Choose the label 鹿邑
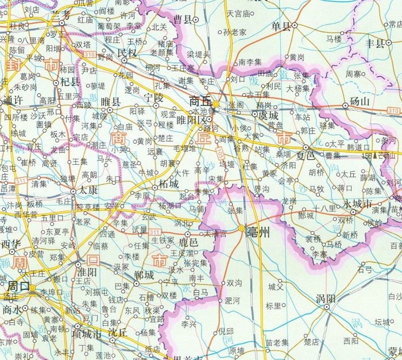click(188, 243)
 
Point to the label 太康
click(87, 188)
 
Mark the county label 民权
click(126, 53)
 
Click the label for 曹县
click(182, 20)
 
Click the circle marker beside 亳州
click(241, 229)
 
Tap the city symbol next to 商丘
click(215, 104)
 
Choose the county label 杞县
click(69, 82)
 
